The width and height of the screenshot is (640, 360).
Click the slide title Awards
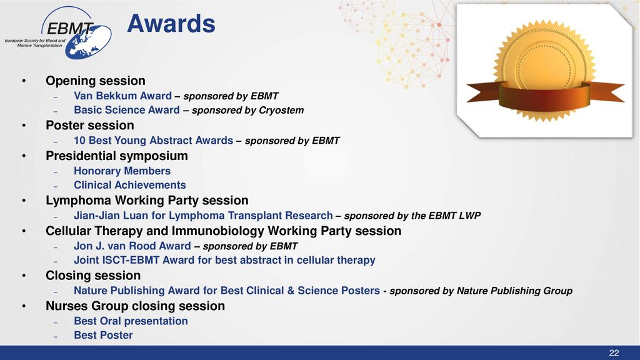[x=171, y=23]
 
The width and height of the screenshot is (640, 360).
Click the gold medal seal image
[x=545, y=71]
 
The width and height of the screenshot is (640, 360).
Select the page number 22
[x=614, y=353]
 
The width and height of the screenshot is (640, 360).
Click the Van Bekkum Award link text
[x=122, y=96]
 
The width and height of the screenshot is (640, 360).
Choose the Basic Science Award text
[x=126, y=110]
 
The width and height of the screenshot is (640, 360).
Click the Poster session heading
[x=90, y=125]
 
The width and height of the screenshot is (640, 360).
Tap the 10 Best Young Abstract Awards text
[x=154, y=141]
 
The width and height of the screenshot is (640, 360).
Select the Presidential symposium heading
[x=117, y=156]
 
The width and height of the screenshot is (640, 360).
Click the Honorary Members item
[x=122, y=171]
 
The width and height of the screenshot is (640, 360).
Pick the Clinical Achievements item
[x=130, y=185]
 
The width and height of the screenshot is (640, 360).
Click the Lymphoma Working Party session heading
[x=147, y=201]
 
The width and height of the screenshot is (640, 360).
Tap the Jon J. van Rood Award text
[x=132, y=246]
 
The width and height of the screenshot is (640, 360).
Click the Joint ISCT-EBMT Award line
[x=224, y=261]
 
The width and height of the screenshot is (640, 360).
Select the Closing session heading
[x=93, y=276]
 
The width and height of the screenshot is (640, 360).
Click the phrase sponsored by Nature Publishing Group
[x=481, y=291]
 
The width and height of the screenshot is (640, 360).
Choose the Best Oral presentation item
[x=131, y=321]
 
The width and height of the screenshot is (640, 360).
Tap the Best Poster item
[x=103, y=335]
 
